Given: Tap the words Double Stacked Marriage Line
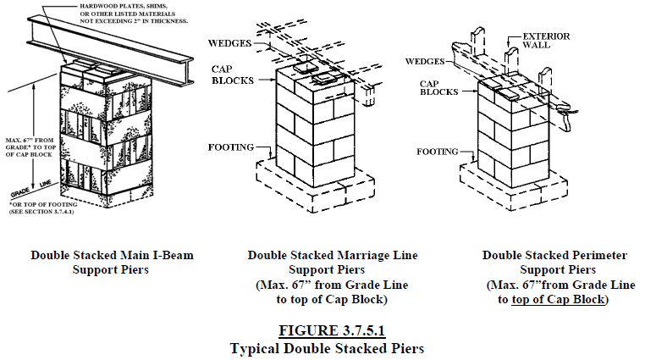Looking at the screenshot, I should pos(321,254).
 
